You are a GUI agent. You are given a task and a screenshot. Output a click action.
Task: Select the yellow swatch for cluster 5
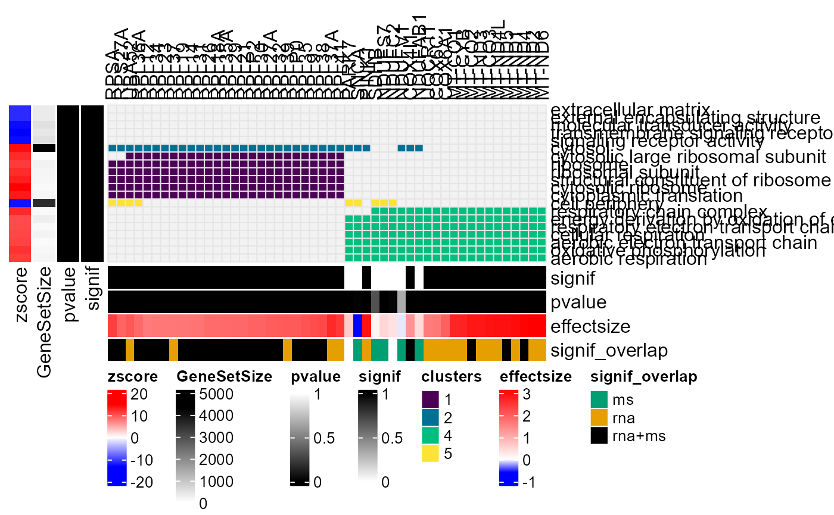pyautogui.click(x=430, y=454)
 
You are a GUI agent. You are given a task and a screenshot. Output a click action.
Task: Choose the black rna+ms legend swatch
pyautogui.click(x=600, y=436)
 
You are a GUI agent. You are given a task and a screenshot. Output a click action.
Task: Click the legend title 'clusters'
pyautogui.click(x=451, y=376)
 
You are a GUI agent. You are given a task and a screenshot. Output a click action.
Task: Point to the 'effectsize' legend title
pyautogui.click(x=536, y=376)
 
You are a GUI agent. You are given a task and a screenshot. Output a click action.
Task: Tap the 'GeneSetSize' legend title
pyautogui.click(x=225, y=376)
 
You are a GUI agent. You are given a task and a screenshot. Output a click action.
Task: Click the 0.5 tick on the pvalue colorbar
pyautogui.click(x=323, y=438)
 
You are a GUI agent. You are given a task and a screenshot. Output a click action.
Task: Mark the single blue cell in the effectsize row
pyautogui.click(x=357, y=326)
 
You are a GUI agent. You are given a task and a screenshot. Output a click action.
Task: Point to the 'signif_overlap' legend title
pyautogui.click(x=643, y=376)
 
